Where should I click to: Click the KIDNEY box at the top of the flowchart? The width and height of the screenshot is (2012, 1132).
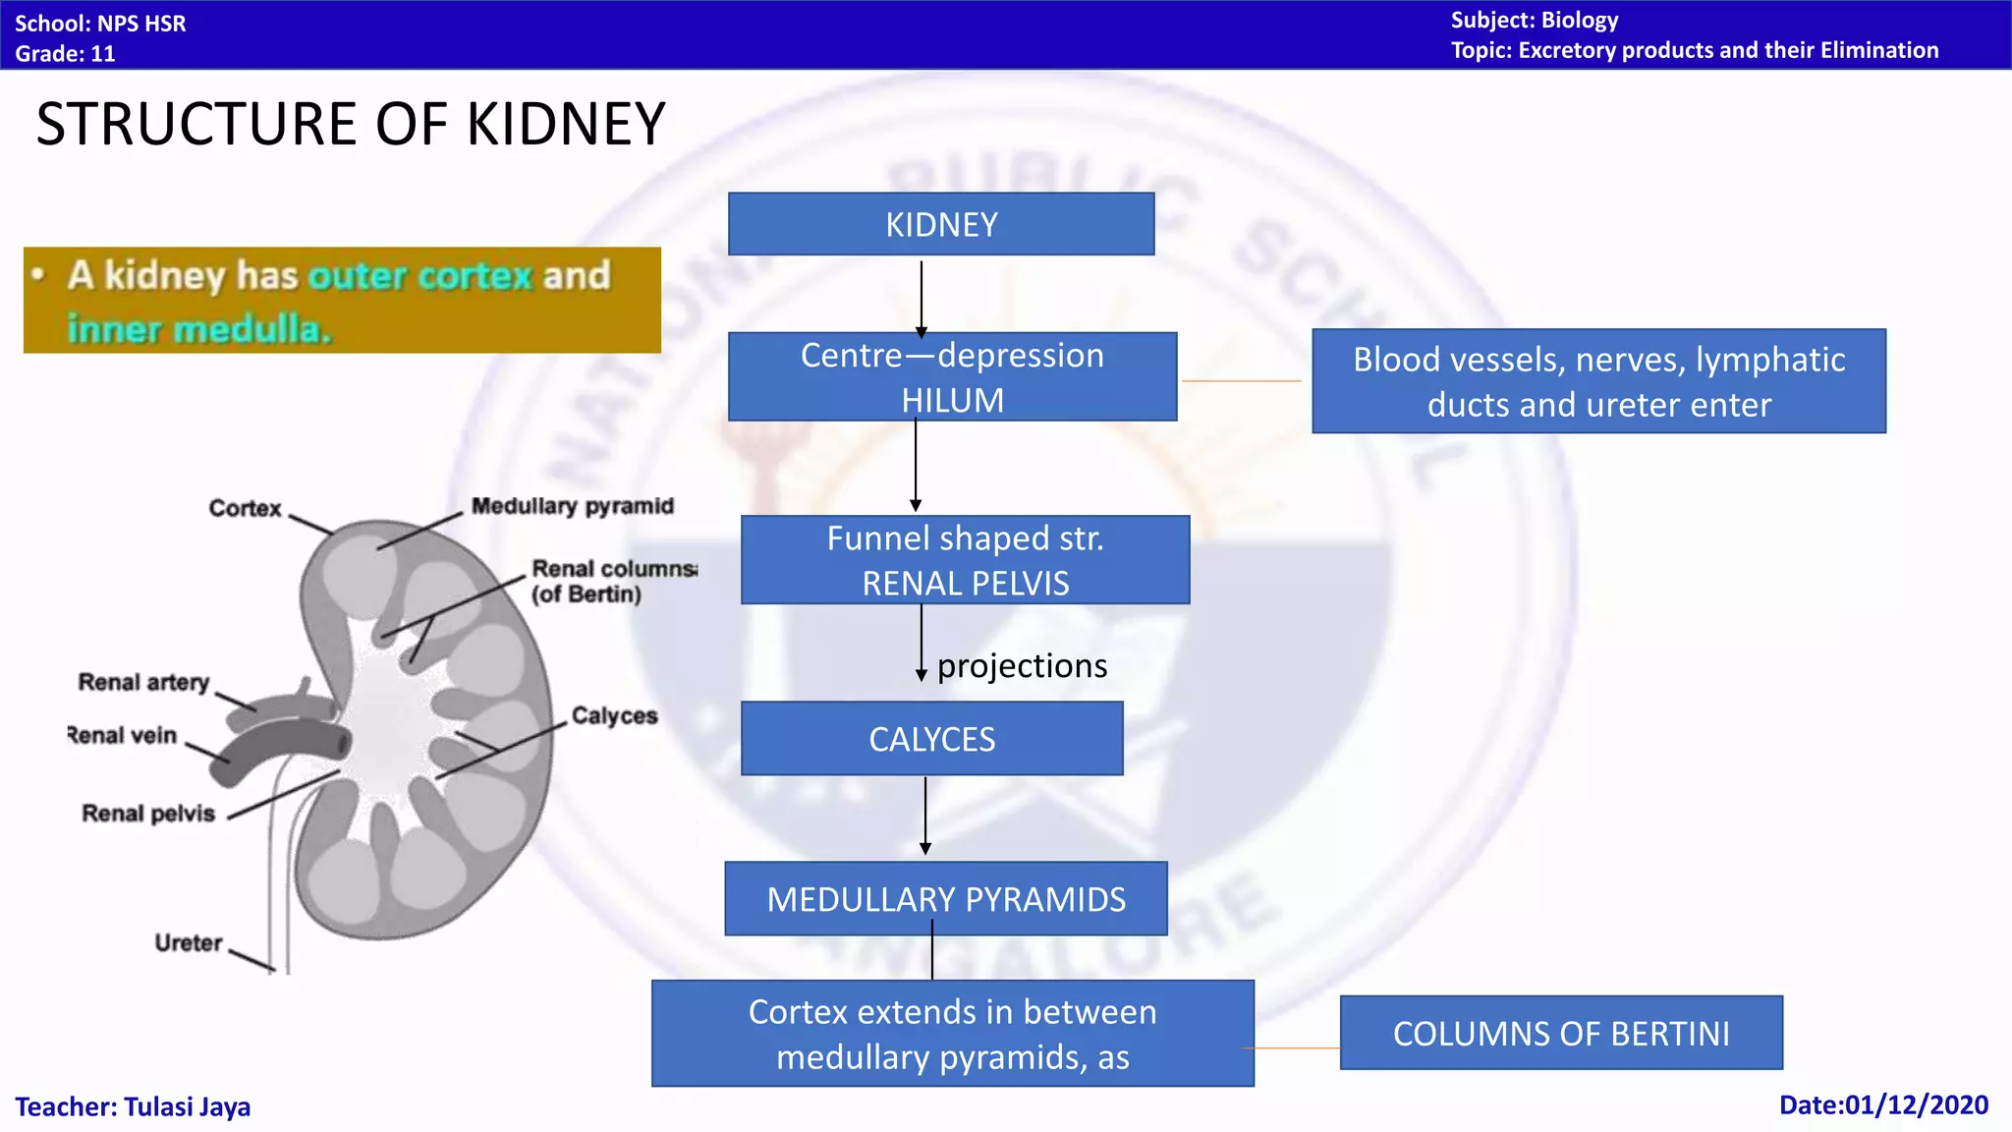(941, 224)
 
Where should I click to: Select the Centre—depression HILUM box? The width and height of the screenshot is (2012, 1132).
(952, 377)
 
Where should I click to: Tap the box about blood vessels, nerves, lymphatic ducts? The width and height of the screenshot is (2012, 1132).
(1598, 381)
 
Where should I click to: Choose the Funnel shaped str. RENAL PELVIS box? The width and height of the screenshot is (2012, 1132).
(965, 560)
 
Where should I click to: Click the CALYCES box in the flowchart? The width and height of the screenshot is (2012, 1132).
(931, 739)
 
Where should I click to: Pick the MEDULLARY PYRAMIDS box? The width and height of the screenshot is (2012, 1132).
(945, 899)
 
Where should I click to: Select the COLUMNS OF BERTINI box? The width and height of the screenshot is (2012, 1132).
(1560, 1033)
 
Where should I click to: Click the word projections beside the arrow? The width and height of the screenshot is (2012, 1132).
(1022, 666)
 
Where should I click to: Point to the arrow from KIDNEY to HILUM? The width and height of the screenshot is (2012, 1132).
(922, 295)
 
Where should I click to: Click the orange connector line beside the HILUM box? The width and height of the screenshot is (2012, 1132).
(1242, 380)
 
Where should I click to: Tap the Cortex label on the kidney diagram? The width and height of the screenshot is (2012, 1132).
(245, 508)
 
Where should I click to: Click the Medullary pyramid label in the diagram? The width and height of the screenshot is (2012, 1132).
(572, 506)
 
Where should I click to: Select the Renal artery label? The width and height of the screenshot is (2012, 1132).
(143, 682)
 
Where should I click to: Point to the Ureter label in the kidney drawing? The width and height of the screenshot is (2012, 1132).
(188, 942)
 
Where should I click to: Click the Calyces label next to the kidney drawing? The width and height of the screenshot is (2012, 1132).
(614, 715)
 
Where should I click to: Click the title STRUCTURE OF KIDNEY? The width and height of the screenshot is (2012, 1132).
(351, 124)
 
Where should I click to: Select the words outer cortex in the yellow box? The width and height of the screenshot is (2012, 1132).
(419, 276)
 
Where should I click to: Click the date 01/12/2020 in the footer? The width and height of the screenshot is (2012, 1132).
(1915, 1105)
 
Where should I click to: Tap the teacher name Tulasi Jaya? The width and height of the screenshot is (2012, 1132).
(187, 1106)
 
